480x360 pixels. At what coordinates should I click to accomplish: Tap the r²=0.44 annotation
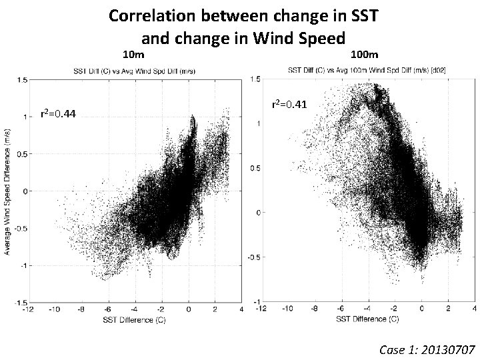pos(59,114)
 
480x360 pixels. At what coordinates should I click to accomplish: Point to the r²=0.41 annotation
pos(290,104)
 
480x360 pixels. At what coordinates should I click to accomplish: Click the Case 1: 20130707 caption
pos(426,349)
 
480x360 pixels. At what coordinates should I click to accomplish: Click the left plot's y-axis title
pos(7,192)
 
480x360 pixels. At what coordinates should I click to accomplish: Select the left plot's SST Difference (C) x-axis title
pos(134,319)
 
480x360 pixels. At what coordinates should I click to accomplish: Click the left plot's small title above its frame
pos(134,71)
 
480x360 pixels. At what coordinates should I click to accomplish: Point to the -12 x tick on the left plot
pos(28,309)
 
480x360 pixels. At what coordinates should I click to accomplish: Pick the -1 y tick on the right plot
pos(253,301)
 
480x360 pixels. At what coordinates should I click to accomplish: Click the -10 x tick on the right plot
pos(287,309)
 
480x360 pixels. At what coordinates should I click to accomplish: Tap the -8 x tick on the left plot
pos(81,309)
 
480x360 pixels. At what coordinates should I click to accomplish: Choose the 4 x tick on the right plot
pos(474,309)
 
